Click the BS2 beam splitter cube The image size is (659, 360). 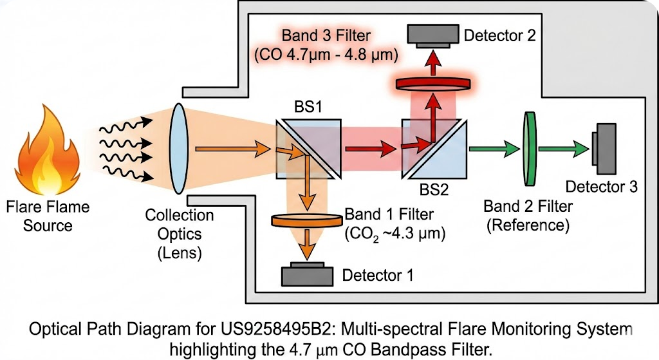[434, 149]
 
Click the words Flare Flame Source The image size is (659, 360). [48, 216]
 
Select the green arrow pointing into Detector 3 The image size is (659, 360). [563, 149]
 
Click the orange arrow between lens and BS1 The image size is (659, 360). [222, 150]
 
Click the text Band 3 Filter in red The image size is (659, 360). [326, 36]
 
